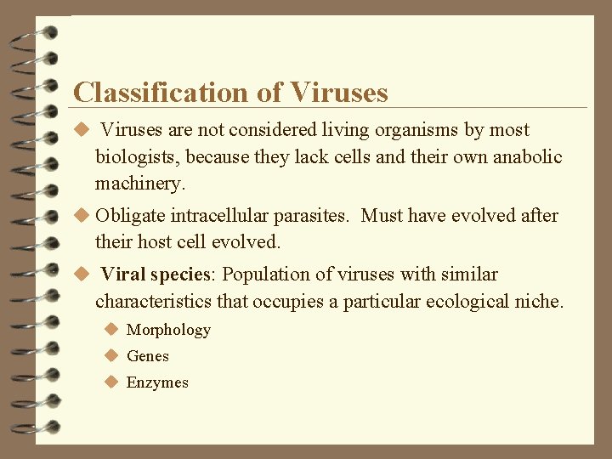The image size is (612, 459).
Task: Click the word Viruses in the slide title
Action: (x=338, y=92)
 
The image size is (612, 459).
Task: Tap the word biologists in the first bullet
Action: (x=137, y=157)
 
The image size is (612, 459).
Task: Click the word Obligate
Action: (x=131, y=216)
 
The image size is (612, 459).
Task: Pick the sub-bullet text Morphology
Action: (x=168, y=330)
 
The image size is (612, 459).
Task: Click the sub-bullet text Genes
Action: (x=148, y=356)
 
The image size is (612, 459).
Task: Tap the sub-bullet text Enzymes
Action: (x=157, y=382)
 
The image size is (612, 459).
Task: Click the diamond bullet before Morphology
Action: (x=110, y=330)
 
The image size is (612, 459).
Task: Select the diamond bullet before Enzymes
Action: (x=110, y=382)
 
